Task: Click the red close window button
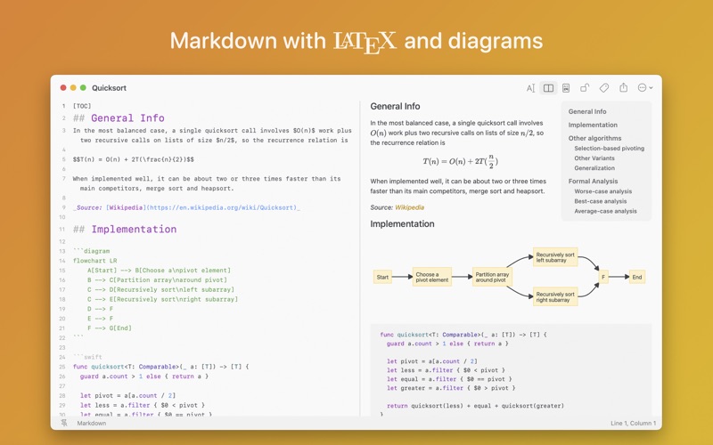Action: (63, 87)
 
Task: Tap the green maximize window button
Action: (83, 87)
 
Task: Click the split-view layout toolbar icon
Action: (548, 88)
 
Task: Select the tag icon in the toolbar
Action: (604, 88)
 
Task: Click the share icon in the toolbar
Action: (623, 87)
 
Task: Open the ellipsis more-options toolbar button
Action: (644, 87)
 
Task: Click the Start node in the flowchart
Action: (382, 277)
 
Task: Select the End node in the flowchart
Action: (637, 277)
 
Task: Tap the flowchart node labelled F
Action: (603, 277)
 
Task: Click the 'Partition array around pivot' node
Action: (493, 277)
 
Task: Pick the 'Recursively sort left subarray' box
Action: (555, 257)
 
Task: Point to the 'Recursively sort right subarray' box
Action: (555, 297)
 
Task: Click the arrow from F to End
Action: (619, 277)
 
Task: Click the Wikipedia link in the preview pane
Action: (409, 207)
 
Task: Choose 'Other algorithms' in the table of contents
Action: (594, 138)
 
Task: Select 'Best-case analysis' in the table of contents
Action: (600, 201)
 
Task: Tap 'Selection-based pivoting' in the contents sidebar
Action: (610, 149)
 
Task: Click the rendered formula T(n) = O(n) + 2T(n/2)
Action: (460, 162)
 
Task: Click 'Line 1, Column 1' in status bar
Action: (633, 424)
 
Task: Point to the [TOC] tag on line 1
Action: (82, 106)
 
